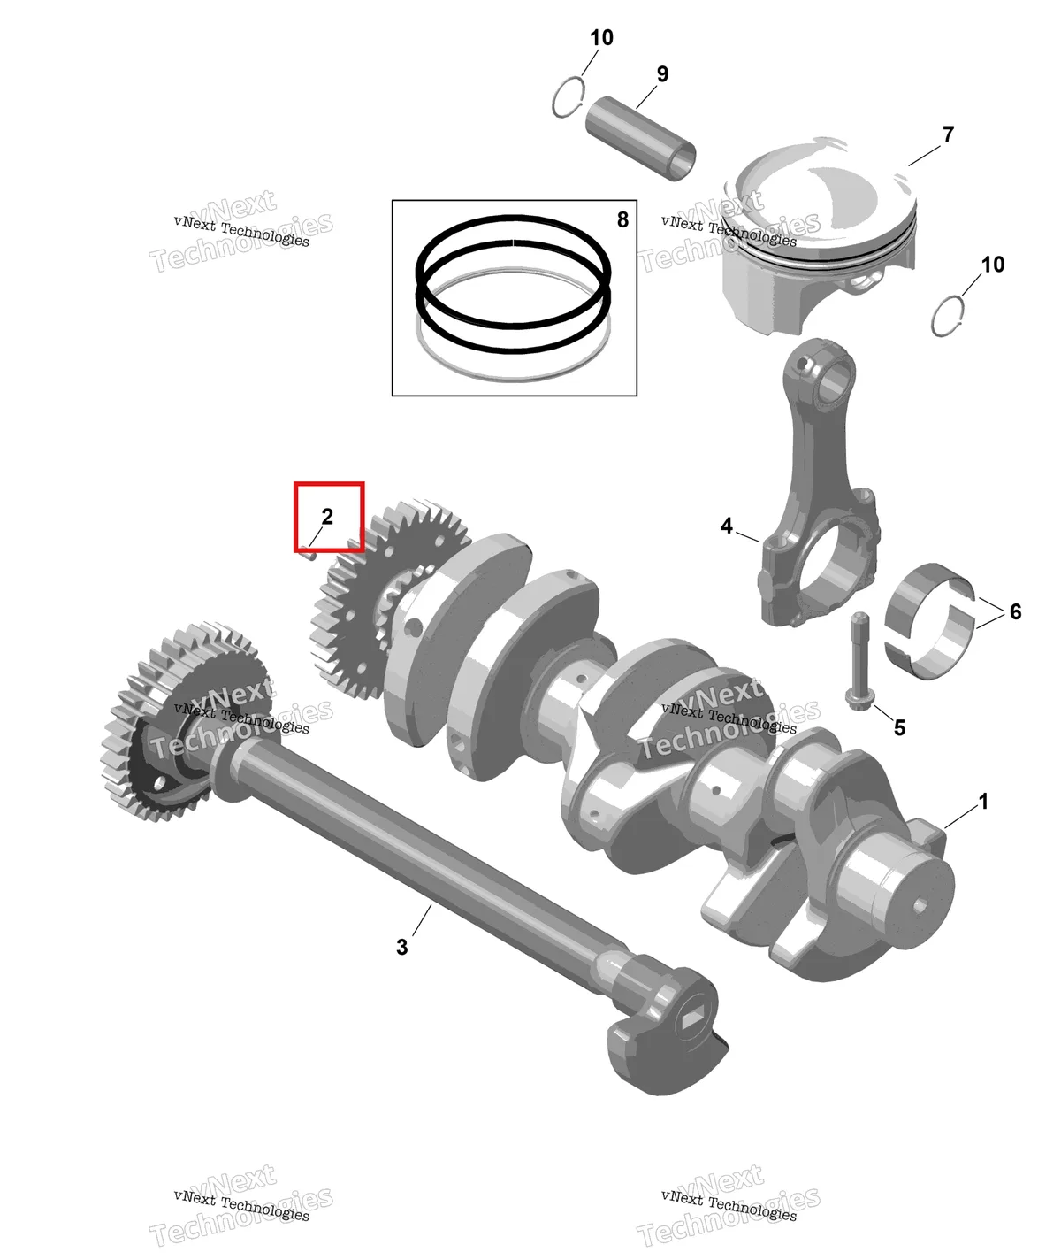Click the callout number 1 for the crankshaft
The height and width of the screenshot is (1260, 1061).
tap(983, 802)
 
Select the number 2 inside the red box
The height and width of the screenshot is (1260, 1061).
tap(327, 517)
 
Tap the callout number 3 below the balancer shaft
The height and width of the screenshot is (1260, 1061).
tap(401, 947)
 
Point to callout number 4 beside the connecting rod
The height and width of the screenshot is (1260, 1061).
tap(727, 526)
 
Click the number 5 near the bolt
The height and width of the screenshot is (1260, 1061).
tap(899, 727)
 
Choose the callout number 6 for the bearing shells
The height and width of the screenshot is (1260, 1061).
tap(1016, 611)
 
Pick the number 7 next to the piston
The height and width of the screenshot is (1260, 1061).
tap(948, 134)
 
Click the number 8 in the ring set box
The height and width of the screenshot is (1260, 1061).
tap(622, 219)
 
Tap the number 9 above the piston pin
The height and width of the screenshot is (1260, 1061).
tap(662, 74)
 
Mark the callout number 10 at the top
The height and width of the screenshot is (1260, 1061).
tap(601, 38)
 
